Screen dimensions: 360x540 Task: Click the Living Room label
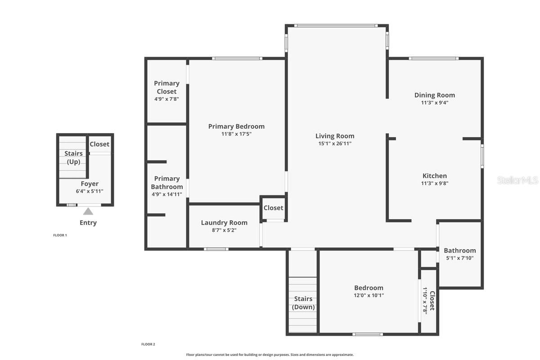click(335, 136)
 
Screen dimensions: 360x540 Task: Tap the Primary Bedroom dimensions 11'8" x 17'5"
click(236, 134)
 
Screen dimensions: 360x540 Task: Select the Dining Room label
click(434, 95)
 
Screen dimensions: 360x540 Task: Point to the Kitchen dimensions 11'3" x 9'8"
click(434, 184)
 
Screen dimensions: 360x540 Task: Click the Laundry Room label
click(224, 222)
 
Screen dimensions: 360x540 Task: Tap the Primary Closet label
click(166, 87)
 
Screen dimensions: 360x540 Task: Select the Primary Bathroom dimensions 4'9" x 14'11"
click(166, 194)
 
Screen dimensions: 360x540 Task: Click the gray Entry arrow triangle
click(88, 211)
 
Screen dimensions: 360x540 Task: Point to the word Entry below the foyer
click(88, 223)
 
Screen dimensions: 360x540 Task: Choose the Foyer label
click(90, 184)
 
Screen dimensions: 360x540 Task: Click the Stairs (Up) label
click(73, 157)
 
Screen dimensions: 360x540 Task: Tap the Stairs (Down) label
click(303, 303)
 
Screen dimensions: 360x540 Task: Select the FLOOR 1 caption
click(60, 235)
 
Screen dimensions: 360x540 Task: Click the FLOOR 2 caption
click(148, 344)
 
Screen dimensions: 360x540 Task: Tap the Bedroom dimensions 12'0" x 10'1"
click(369, 296)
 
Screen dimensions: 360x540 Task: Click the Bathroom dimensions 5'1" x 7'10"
click(459, 258)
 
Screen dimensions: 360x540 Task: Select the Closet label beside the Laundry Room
click(273, 207)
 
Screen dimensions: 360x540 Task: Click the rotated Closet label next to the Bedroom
click(432, 301)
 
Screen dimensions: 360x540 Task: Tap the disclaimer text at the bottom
click(270, 355)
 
